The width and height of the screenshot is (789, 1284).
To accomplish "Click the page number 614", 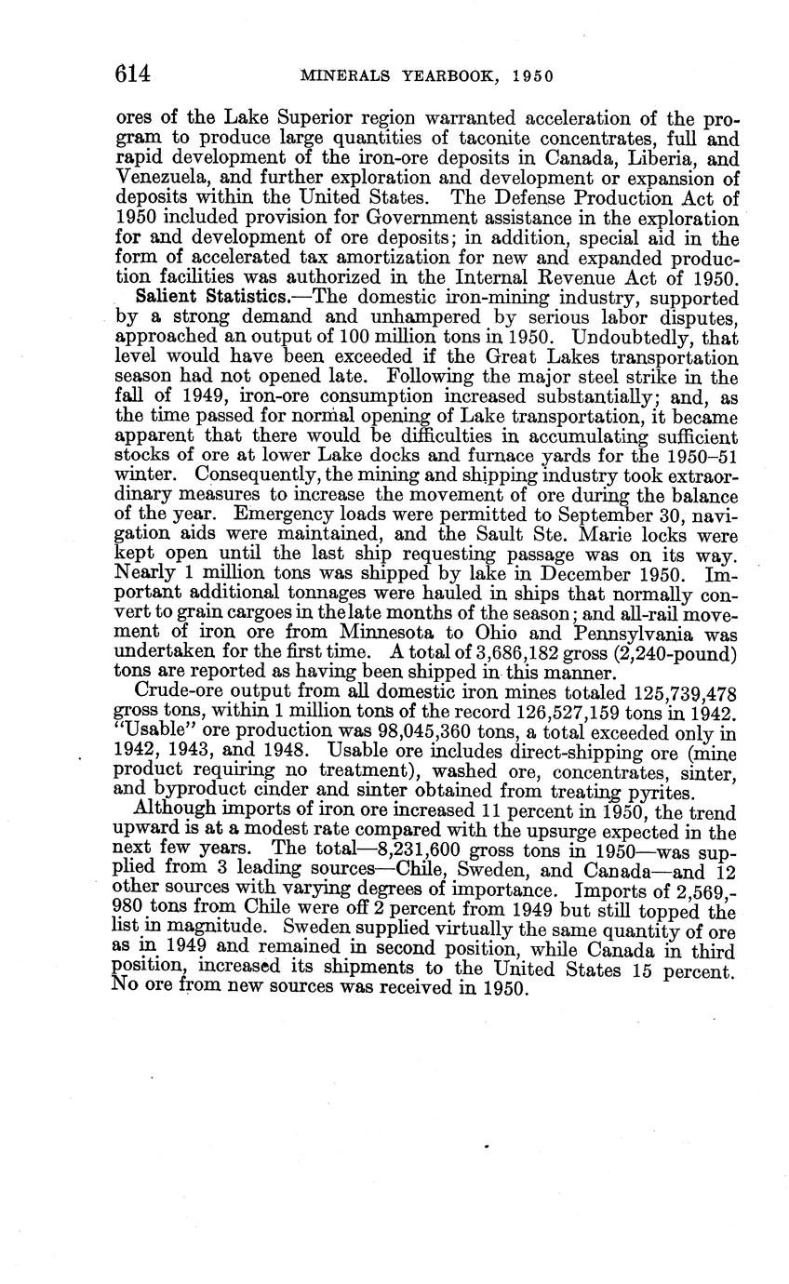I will point(133,74).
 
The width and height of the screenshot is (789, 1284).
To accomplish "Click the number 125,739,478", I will point(668,693).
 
